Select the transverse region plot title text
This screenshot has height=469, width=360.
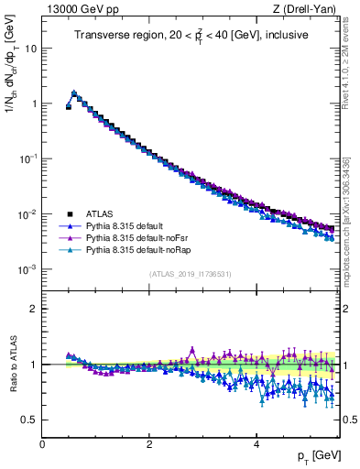191,35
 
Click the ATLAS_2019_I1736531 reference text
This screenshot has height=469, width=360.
190,274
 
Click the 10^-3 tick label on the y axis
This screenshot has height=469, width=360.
27,270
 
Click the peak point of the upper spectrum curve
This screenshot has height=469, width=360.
74,93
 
